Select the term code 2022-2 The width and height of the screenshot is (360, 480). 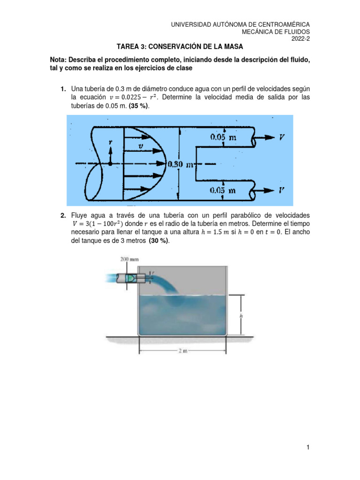(x=300, y=40)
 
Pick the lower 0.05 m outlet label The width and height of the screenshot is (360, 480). (x=223, y=190)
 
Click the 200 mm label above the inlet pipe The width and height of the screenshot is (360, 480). (x=127, y=259)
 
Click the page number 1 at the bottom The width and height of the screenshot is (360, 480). (x=308, y=448)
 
